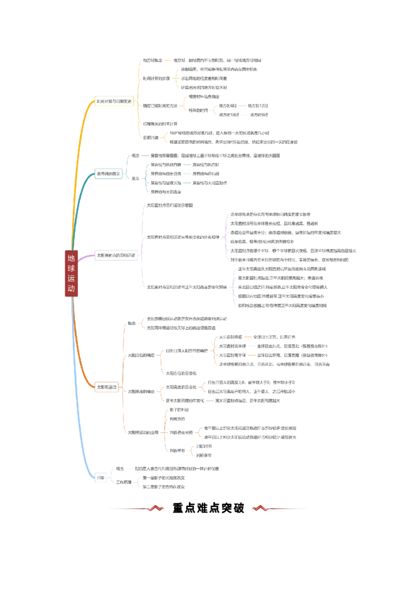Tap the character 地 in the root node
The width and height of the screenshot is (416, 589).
click(x=71, y=258)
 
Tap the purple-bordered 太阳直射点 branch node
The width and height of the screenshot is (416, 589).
click(x=115, y=255)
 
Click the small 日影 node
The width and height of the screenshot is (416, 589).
click(x=101, y=477)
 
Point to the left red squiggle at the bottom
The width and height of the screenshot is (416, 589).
click(x=156, y=507)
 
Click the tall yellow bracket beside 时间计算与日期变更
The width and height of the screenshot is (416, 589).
click(x=139, y=99)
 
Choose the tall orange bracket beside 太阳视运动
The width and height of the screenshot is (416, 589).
click(x=123, y=377)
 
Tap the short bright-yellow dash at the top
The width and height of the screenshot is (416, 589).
click(x=167, y=60)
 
